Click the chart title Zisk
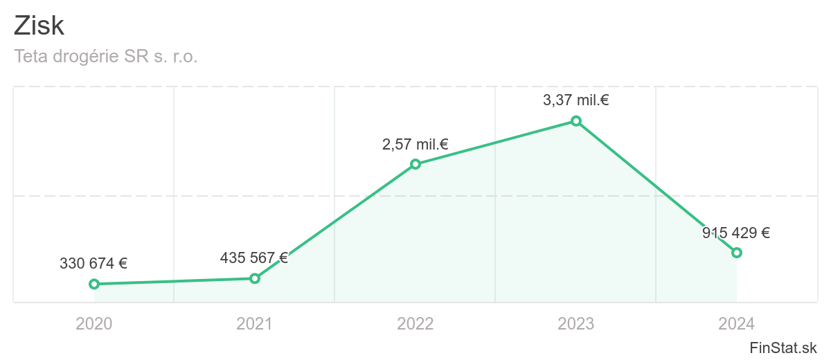(39, 26)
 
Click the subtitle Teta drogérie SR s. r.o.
(106, 57)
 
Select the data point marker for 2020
(94, 284)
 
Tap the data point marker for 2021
(255, 278)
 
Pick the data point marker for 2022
(415, 164)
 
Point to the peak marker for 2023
(575, 121)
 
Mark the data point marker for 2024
(737, 253)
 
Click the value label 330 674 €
(93, 263)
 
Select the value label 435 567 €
(253, 258)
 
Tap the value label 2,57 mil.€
(415, 145)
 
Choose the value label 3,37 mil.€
(575, 100)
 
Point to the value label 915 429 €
(736, 233)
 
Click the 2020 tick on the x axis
(94, 323)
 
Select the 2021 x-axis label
(255, 323)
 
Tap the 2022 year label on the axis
(415, 323)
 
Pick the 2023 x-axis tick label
(576, 323)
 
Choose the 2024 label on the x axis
(737, 323)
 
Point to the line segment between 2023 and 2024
(656, 187)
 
